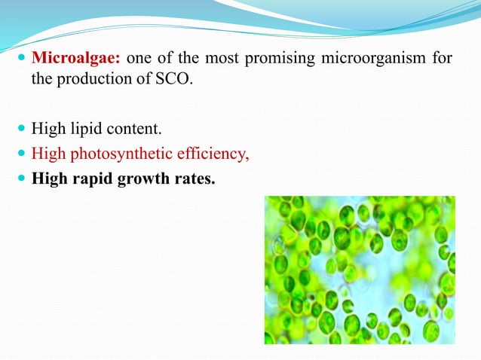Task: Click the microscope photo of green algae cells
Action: click(x=359, y=270)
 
